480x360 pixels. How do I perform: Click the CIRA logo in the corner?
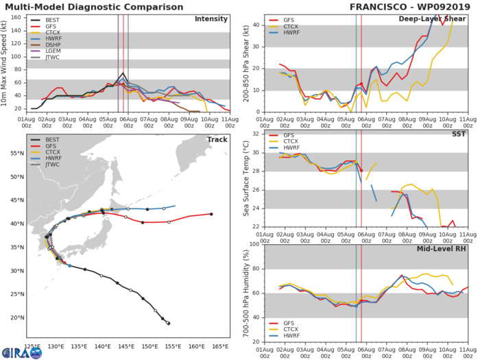21,352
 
